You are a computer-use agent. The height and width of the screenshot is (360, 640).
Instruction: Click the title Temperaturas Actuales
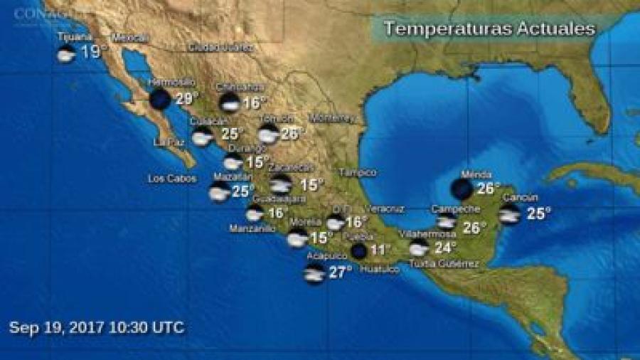(x=489, y=29)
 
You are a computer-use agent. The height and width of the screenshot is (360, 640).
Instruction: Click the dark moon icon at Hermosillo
(x=160, y=99)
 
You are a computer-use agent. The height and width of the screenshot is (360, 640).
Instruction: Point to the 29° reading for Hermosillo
(x=185, y=99)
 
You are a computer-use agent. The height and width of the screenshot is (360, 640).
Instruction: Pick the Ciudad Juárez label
(x=220, y=48)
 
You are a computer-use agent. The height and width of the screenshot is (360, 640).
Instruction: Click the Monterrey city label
(x=331, y=117)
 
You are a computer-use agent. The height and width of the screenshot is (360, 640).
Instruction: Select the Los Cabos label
(x=171, y=179)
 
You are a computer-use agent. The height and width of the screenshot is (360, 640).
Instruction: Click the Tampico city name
(x=358, y=172)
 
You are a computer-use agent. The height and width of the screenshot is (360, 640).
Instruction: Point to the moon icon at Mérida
(x=462, y=189)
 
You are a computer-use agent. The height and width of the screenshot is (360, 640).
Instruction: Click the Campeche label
(x=452, y=209)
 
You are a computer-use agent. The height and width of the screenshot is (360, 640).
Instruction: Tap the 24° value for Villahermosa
(x=445, y=248)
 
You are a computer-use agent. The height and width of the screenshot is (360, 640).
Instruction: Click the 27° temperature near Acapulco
(x=341, y=272)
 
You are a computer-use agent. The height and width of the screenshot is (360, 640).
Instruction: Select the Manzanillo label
(x=252, y=228)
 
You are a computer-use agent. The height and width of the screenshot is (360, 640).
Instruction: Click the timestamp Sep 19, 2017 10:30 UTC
(x=97, y=327)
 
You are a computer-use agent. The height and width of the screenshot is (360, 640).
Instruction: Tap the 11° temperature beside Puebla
(x=380, y=250)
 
